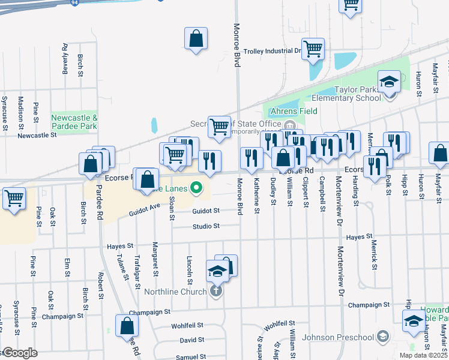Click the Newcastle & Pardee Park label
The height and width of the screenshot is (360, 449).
(x=74, y=122)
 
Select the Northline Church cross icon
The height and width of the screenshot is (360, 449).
(x=216, y=292)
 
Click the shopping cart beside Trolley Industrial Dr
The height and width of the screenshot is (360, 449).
(x=313, y=49)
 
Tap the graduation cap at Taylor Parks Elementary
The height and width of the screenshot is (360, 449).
(x=389, y=82)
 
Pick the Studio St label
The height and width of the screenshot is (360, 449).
(x=206, y=226)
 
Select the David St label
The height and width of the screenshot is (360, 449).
(x=192, y=340)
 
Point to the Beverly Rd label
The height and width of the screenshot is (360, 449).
(x=65, y=59)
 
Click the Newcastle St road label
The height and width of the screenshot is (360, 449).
(x=37, y=136)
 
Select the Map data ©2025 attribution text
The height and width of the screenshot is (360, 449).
(x=423, y=356)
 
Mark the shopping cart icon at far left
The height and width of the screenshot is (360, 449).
(x=14, y=198)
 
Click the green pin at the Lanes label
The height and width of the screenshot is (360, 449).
(x=196, y=188)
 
